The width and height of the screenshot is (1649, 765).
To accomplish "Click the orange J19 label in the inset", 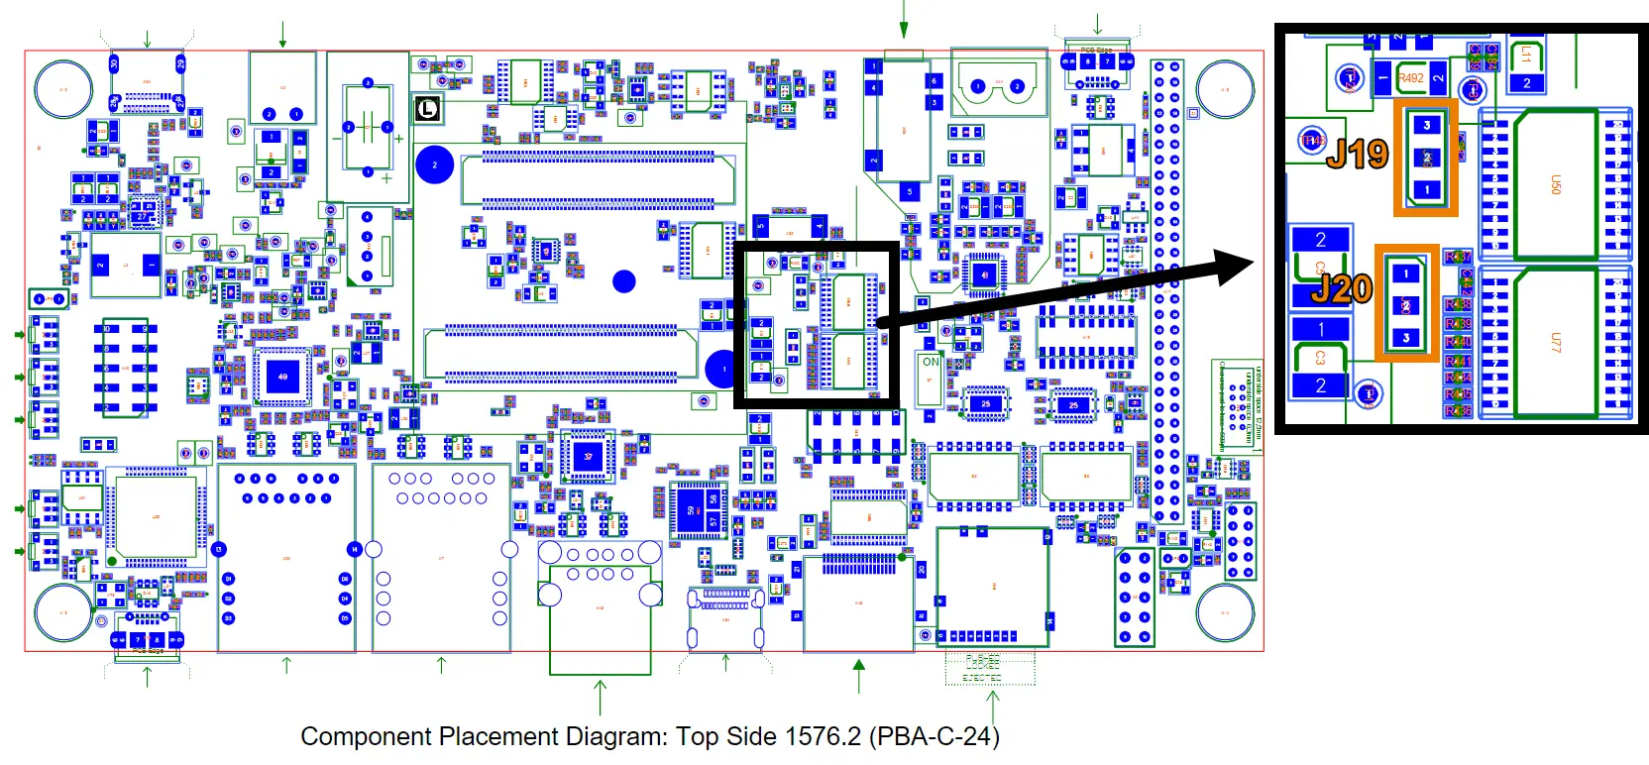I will [x=1357, y=154].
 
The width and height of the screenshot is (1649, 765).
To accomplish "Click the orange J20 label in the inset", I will [x=1342, y=288].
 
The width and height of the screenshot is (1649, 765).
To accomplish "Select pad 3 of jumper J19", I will [x=1427, y=125].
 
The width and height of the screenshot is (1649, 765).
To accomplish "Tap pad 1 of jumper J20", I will [x=1405, y=273].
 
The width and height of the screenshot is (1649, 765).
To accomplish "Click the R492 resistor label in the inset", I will [x=1410, y=77].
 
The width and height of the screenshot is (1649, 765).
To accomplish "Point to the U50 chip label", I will [x=1555, y=185].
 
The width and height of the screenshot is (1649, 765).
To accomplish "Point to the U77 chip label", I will [x=1555, y=342].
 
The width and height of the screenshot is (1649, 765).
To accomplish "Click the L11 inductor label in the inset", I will [x=1526, y=55].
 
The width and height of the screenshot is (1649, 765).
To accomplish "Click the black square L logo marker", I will [x=427, y=108].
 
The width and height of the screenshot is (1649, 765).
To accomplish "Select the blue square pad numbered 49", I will [x=283, y=377].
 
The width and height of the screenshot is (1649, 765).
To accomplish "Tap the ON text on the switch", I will [x=931, y=362].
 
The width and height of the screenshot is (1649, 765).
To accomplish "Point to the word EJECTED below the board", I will [x=982, y=678].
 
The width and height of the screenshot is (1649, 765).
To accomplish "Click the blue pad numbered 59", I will [x=691, y=510].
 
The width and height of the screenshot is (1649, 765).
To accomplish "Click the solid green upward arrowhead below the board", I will [x=859, y=665].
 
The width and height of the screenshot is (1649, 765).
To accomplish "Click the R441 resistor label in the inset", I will [x=1457, y=361].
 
